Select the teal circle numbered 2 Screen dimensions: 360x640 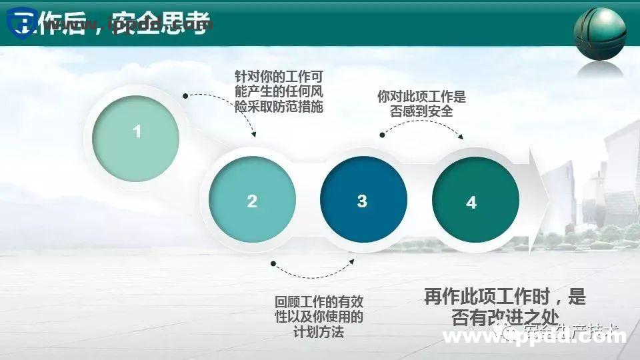click(252, 200)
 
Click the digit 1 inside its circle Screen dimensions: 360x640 click(137, 131)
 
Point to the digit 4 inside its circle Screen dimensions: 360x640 click(472, 203)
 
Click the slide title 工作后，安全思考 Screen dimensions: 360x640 click(120, 25)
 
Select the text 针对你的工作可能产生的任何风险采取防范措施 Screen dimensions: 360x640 click(279, 91)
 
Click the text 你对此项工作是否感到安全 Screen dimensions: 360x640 click(421, 104)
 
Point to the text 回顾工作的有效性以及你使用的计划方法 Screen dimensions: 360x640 click(319, 317)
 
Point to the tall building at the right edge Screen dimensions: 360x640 click(623, 173)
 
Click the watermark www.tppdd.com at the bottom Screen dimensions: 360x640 click(533, 337)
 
